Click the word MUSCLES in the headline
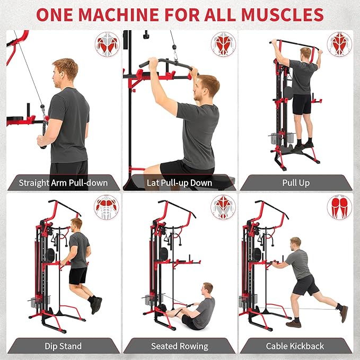pyautogui.click(x=282, y=15)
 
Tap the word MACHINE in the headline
pyautogui.click(x=119, y=15)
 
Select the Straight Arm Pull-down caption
pyautogui.click(x=63, y=183)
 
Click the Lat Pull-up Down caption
pyautogui.click(x=179, y=183)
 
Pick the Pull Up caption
pyautogui.click(x=296, y=183)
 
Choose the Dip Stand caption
pyautogui.click(x=63, y=346)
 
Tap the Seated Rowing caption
pyautogui.click(x=180, y=346)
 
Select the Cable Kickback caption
pyautogui.click(x=295, y=346)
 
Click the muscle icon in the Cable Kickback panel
pyautogui.click(x=339, y=207)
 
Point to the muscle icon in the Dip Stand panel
pyautogui.click(x=107, y=207)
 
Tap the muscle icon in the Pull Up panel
pyautogui.click(x=339, y=44)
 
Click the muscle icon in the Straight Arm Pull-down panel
pyautogui.click(x=107, y=44)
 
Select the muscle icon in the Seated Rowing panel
pyautogui.click(x=223, y=207)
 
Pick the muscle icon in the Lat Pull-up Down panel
pyautogui.click(x=223, y=44)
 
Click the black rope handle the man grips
pyautogui.click(x=43, y=133)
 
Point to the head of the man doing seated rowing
pyautogui.click(x=207, y=289)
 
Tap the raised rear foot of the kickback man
pyautogui.click(x=344, y=314)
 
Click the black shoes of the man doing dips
pyautogui.click(x=96, y=305)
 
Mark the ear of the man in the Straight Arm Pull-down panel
pyautogui.click(x=60, y=75)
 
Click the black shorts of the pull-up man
pyautogui.click(x=302, y=104)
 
